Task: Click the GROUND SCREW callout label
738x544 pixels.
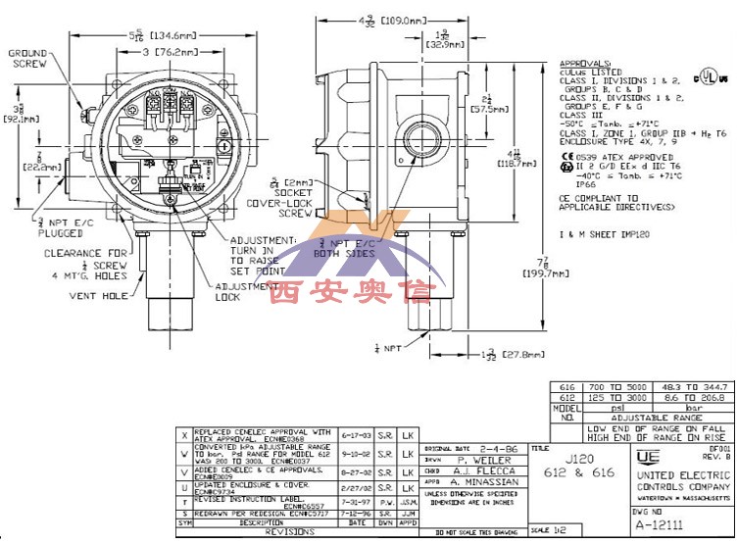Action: click(x=28, y=58)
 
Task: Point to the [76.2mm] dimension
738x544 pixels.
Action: click(x=179, y=52)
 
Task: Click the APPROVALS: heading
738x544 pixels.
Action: click(x=587, y=64)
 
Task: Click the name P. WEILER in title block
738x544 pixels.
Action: click(x=488, y=460)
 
